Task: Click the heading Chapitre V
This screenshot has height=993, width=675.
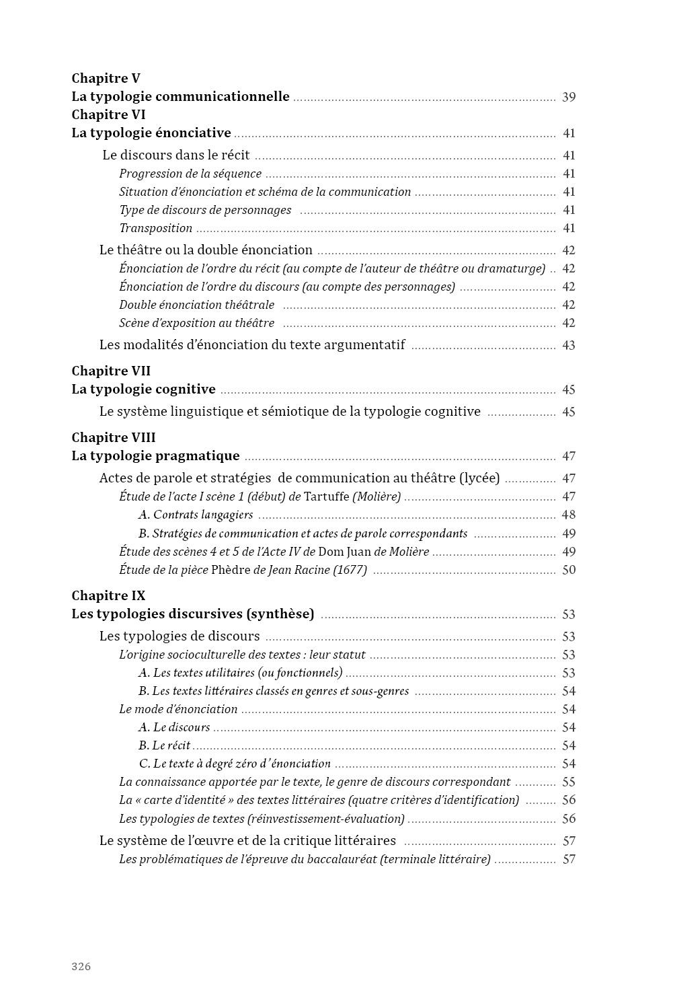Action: (x=106, y=78)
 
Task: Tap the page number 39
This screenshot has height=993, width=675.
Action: (x=569, y=97)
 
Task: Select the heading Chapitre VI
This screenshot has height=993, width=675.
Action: (x=108, y=114)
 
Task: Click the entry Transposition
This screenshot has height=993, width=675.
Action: (x=156, y=228)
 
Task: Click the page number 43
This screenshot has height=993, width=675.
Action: (x=569, y=345)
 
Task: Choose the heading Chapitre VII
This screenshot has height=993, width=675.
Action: (x=111, y=371)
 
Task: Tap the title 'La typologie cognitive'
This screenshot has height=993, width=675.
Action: (x=143, y=390)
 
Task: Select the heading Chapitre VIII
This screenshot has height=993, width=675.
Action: (x=114, y=437)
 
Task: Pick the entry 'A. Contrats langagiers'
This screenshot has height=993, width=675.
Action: (x=196, y=515)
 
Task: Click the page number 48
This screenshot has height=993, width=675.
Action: (x=569, y=515)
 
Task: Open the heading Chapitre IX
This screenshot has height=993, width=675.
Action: (x=108, y=595)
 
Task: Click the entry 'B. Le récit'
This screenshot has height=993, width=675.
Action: (x=165, y=745)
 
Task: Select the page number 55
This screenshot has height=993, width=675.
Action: (x=569, y=782)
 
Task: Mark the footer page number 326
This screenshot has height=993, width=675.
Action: (x=81, y=967)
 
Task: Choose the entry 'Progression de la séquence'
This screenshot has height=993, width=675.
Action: (x=190, y=174)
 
